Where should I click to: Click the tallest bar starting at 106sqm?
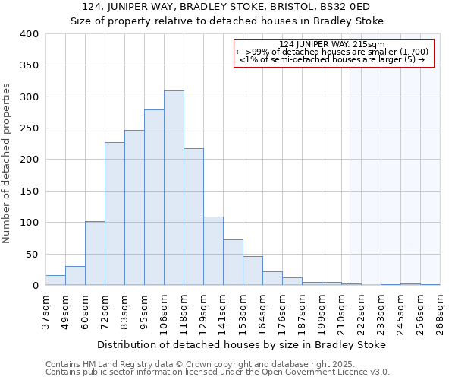[174, 188]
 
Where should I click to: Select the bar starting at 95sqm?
[154, 198]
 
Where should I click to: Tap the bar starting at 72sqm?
[115, 214]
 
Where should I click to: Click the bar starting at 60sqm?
[95, 253]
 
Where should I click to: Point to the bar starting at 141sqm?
[233, 262]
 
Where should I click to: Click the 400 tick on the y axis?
[30, 34]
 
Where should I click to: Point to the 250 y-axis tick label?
[30, 128]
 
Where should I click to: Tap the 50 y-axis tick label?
[32, 255]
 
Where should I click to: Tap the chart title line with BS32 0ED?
[227, 7]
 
